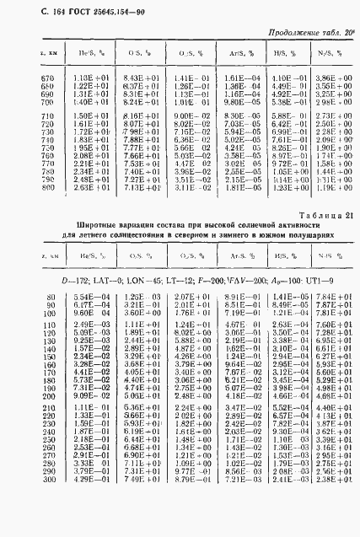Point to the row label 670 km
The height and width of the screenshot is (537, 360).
47,77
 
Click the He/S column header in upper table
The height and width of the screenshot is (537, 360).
89,53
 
